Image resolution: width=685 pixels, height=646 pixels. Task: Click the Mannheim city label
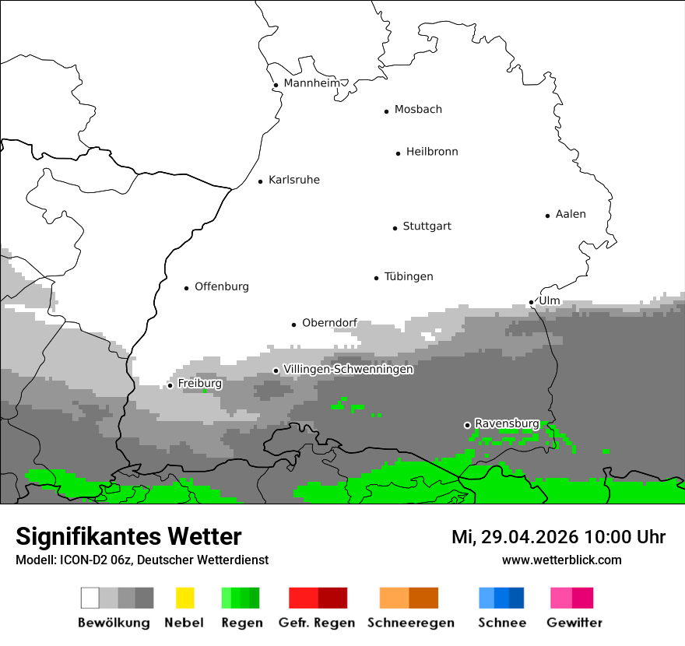tap(311, 83)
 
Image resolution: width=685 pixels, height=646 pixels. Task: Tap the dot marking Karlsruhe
tap(261, 181)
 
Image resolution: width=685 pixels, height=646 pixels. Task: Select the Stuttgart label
tap(427, 226)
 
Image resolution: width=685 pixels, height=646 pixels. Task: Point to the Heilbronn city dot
tap(398, 153)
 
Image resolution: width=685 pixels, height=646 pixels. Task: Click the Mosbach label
tap(418, 110)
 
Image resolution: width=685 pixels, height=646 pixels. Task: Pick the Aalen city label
tap(571, 214)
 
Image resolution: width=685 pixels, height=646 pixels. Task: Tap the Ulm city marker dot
tap(532, 302)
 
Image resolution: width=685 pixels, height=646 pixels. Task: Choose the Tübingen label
tap(409, 277)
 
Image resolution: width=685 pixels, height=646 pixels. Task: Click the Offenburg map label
tap(222, 287)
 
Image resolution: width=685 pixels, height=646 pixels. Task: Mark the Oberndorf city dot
tap(294, 325)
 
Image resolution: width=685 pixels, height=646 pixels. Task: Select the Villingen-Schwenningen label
tap(348, 370)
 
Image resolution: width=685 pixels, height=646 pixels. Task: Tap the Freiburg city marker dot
tap(170, 385)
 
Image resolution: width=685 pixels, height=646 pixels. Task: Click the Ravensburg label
tap(507, 423)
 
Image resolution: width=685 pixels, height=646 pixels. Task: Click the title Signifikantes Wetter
tap(128, 536)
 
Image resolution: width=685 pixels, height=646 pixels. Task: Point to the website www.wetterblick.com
tap(561, 560)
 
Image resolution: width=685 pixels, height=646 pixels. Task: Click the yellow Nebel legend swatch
tap(184, 598)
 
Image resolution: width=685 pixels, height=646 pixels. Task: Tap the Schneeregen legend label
tap(411, 623)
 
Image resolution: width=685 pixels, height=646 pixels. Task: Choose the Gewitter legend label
tap(574, 623)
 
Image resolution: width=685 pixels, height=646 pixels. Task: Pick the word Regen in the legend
tap(241, 623)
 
